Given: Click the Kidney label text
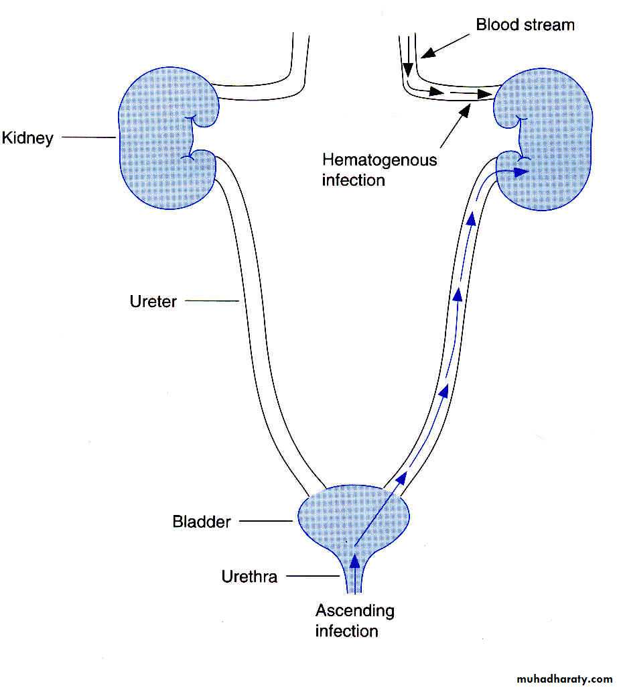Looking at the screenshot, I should point(27,139).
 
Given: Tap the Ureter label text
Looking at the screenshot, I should point(153,302).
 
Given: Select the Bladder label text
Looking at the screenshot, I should point(202,522).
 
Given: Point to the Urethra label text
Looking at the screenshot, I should point(249,577).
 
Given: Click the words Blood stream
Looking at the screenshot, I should point(525,25).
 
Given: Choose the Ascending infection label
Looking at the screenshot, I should point(355,621).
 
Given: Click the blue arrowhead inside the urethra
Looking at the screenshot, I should point(355,562).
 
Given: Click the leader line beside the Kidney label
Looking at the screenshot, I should point(89,137).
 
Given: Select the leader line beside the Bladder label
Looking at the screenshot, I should point(267,520).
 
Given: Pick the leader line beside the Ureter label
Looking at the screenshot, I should point(212,301).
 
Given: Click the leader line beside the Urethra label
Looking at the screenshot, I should point(314,575).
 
